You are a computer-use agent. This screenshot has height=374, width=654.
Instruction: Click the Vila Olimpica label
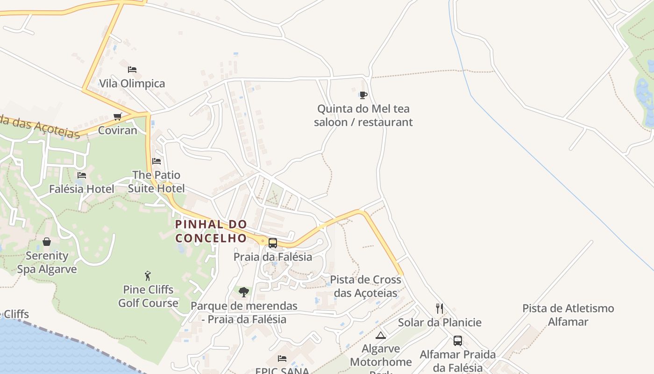point(132,84)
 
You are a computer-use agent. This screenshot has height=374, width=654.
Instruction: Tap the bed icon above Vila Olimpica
point(132,70)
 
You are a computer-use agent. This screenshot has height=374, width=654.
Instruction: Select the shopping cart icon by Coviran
point(118,116)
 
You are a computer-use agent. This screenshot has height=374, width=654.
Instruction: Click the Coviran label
point(118,130)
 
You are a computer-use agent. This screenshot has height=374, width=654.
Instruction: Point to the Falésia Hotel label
point(82,189)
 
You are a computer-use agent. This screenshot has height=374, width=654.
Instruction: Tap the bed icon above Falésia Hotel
point(82,175)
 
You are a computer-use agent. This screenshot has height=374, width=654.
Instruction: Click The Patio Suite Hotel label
point(156,181)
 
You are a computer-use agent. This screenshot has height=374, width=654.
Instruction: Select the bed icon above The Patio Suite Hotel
point(156,161)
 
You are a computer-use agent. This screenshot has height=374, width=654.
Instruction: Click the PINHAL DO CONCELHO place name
point(211,231)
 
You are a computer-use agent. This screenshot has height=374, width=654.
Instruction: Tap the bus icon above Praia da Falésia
point(273,243)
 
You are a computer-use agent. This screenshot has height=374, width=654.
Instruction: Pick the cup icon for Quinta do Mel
point(363,95)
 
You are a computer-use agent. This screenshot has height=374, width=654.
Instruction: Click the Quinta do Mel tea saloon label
point(363,115)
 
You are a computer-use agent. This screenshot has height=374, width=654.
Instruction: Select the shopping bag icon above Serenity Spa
point(47,242)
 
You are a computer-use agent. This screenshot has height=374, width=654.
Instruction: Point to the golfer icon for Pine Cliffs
point(148,276)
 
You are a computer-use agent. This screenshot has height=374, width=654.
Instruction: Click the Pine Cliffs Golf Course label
point(148,296)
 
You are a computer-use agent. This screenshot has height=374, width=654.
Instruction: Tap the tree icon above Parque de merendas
point(244,292)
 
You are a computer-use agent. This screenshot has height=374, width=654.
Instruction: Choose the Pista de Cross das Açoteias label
point(365,286)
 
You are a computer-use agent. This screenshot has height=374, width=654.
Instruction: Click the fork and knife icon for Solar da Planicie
point(439,309)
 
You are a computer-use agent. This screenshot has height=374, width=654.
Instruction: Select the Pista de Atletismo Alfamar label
point(568,315)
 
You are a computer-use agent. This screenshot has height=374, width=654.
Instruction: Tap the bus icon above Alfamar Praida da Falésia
point(458,341)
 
